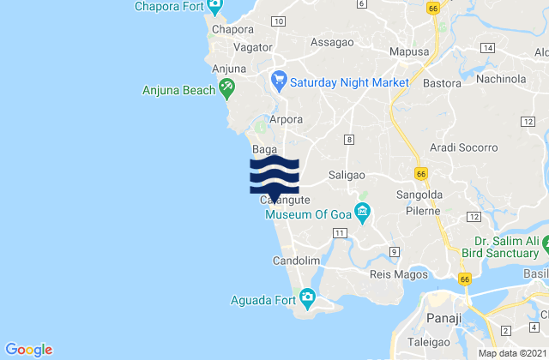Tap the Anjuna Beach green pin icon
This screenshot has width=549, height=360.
(x=226, y=85)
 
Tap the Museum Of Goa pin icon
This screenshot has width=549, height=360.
(x=363, y=212)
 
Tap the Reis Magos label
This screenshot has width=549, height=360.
(x=393, y=274)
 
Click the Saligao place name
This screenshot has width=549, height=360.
(x=347, y=175)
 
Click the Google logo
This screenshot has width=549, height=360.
(x=29, y=349)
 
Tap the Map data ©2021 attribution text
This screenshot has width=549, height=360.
(x=511, y=353)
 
